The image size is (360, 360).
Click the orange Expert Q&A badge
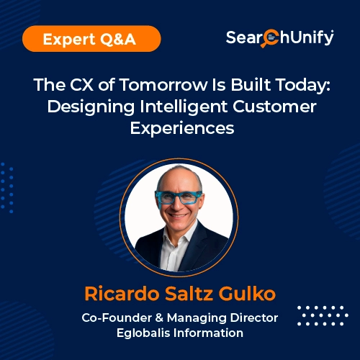89,39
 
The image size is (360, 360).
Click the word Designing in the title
82,108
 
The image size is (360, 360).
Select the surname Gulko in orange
246,294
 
